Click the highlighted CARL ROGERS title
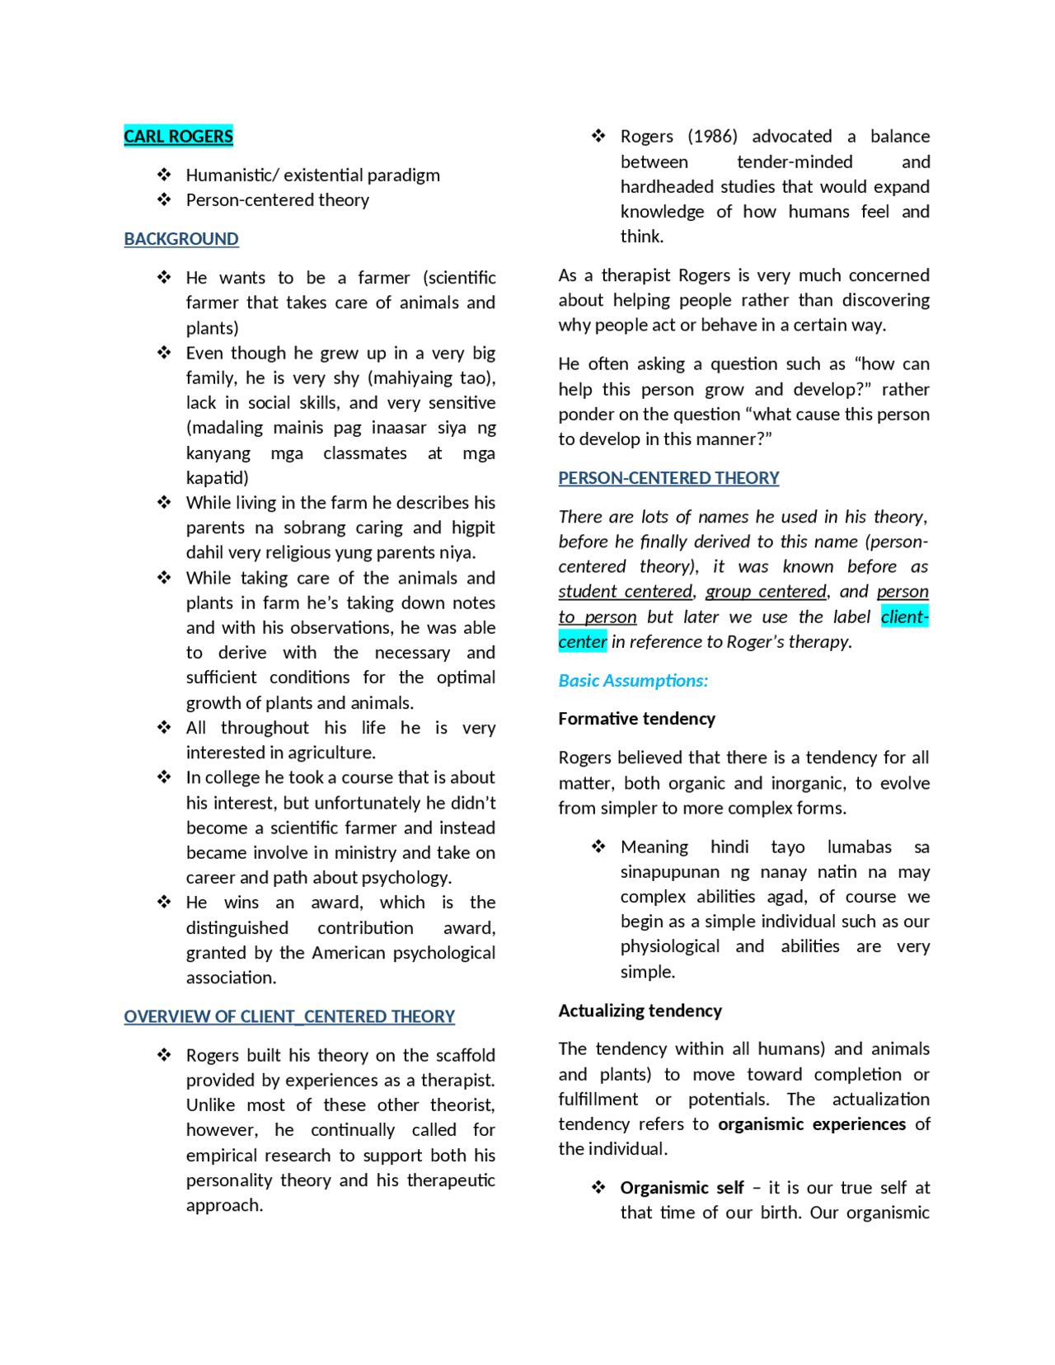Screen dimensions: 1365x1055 coord(178,136)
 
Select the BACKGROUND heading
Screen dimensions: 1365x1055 coord(181,239)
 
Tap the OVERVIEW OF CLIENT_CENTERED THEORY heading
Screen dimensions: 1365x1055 coord(289,1016)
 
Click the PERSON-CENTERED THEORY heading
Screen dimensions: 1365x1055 coord(668,478)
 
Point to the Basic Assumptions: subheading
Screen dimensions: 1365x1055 coord(633,681)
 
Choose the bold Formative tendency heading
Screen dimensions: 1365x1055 coord(636,719)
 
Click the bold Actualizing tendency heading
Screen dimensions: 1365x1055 coord(640,1011)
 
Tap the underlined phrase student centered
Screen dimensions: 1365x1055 coord(625,592)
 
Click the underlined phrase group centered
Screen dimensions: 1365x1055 coord(765,592)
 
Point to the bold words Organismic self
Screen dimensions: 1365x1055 coord(682,1188)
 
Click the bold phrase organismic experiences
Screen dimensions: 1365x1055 coord(811,1124)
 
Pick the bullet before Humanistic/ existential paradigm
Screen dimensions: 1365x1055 coord(164,175)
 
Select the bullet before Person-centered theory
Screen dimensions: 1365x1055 coord(164,199)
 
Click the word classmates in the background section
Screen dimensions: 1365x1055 coord(364,453)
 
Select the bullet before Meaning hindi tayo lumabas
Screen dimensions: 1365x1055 coord(598,847)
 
